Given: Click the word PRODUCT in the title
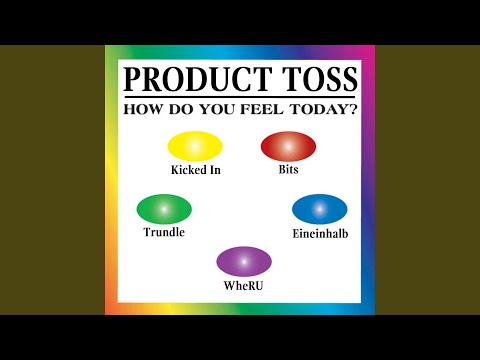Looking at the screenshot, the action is [x=196, y=79].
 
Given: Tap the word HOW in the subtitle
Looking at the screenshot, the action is [x=143, y=109].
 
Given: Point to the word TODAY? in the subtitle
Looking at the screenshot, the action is [x=323, y=109].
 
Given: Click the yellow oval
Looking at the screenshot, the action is [x=195, y=146].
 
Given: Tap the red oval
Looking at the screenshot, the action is [x=288, y=146].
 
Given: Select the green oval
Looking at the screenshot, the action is [x=164, y=209].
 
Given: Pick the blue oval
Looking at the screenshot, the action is [x=320, y=209].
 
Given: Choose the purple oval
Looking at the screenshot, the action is [x=244, y=261].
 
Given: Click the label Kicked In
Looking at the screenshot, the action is [x=196, y=170].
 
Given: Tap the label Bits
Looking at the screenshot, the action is [x=288, y=169].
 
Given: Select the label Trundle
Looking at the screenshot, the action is [x=164, y=232].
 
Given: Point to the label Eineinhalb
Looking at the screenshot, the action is [x=320, y=233].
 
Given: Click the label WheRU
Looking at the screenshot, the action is [x=243, y=286].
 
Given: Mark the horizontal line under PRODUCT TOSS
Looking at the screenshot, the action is [x=240, y=97].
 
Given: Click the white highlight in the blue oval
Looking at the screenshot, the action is [x=320, y=209].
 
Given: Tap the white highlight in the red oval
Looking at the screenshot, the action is [x=288, y=146].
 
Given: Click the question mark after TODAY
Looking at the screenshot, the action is [x=353, y=109].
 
